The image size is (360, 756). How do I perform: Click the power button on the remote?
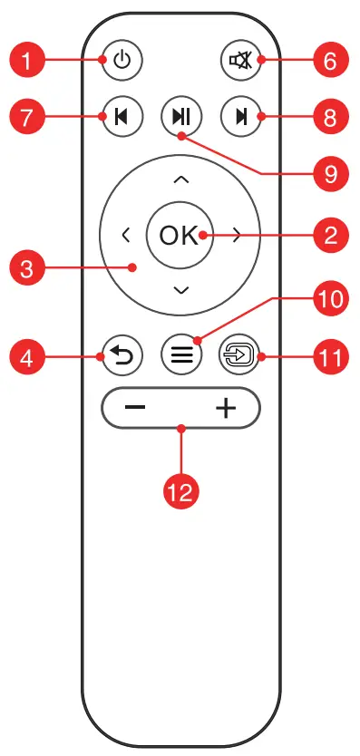pos(122,62)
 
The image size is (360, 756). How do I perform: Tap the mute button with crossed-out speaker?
pos(239,62)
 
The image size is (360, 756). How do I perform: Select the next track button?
pos(239,116)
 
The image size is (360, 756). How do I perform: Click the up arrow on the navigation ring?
pos(181,179)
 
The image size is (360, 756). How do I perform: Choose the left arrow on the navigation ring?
pos(125,235)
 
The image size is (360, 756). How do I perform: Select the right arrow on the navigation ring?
pos(238,235)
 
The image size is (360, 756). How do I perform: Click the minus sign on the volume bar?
pos(135,408)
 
